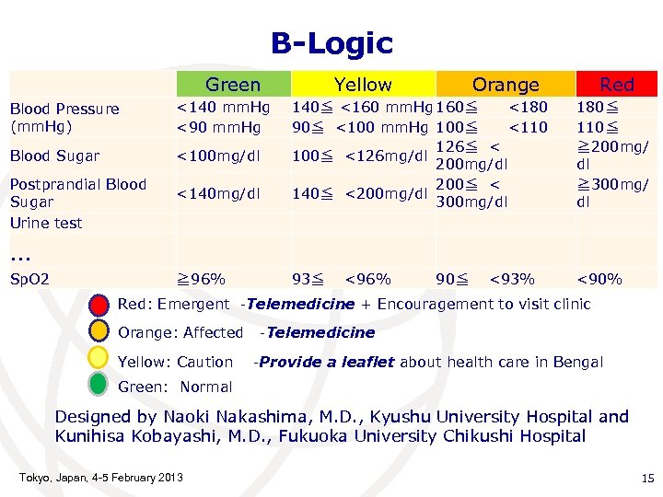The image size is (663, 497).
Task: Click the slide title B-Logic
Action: click(x=331, y=42)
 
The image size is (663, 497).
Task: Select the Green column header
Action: click(x=233, y=85)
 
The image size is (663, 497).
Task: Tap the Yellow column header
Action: click(x=363, y=85)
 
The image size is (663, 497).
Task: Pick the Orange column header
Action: click(x=505, y=85)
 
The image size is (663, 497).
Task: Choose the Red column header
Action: click(x=616, y=85)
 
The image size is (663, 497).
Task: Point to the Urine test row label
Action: click(x=46, y=223)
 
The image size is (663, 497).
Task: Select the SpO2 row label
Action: click(x=29, y=278)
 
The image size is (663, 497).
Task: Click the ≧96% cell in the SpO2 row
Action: click(x=202, y=278)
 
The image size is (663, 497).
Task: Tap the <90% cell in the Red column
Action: click(x=599, y=278)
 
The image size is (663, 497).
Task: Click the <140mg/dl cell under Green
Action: click(x=217, y=194)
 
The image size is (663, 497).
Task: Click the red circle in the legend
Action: click(x=99, y=306)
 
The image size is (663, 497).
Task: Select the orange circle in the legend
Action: click(x=99, y=332)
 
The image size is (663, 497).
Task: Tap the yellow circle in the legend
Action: click(x=99, y=361)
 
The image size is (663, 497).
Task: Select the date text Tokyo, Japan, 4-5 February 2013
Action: click(x=100, y=477)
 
